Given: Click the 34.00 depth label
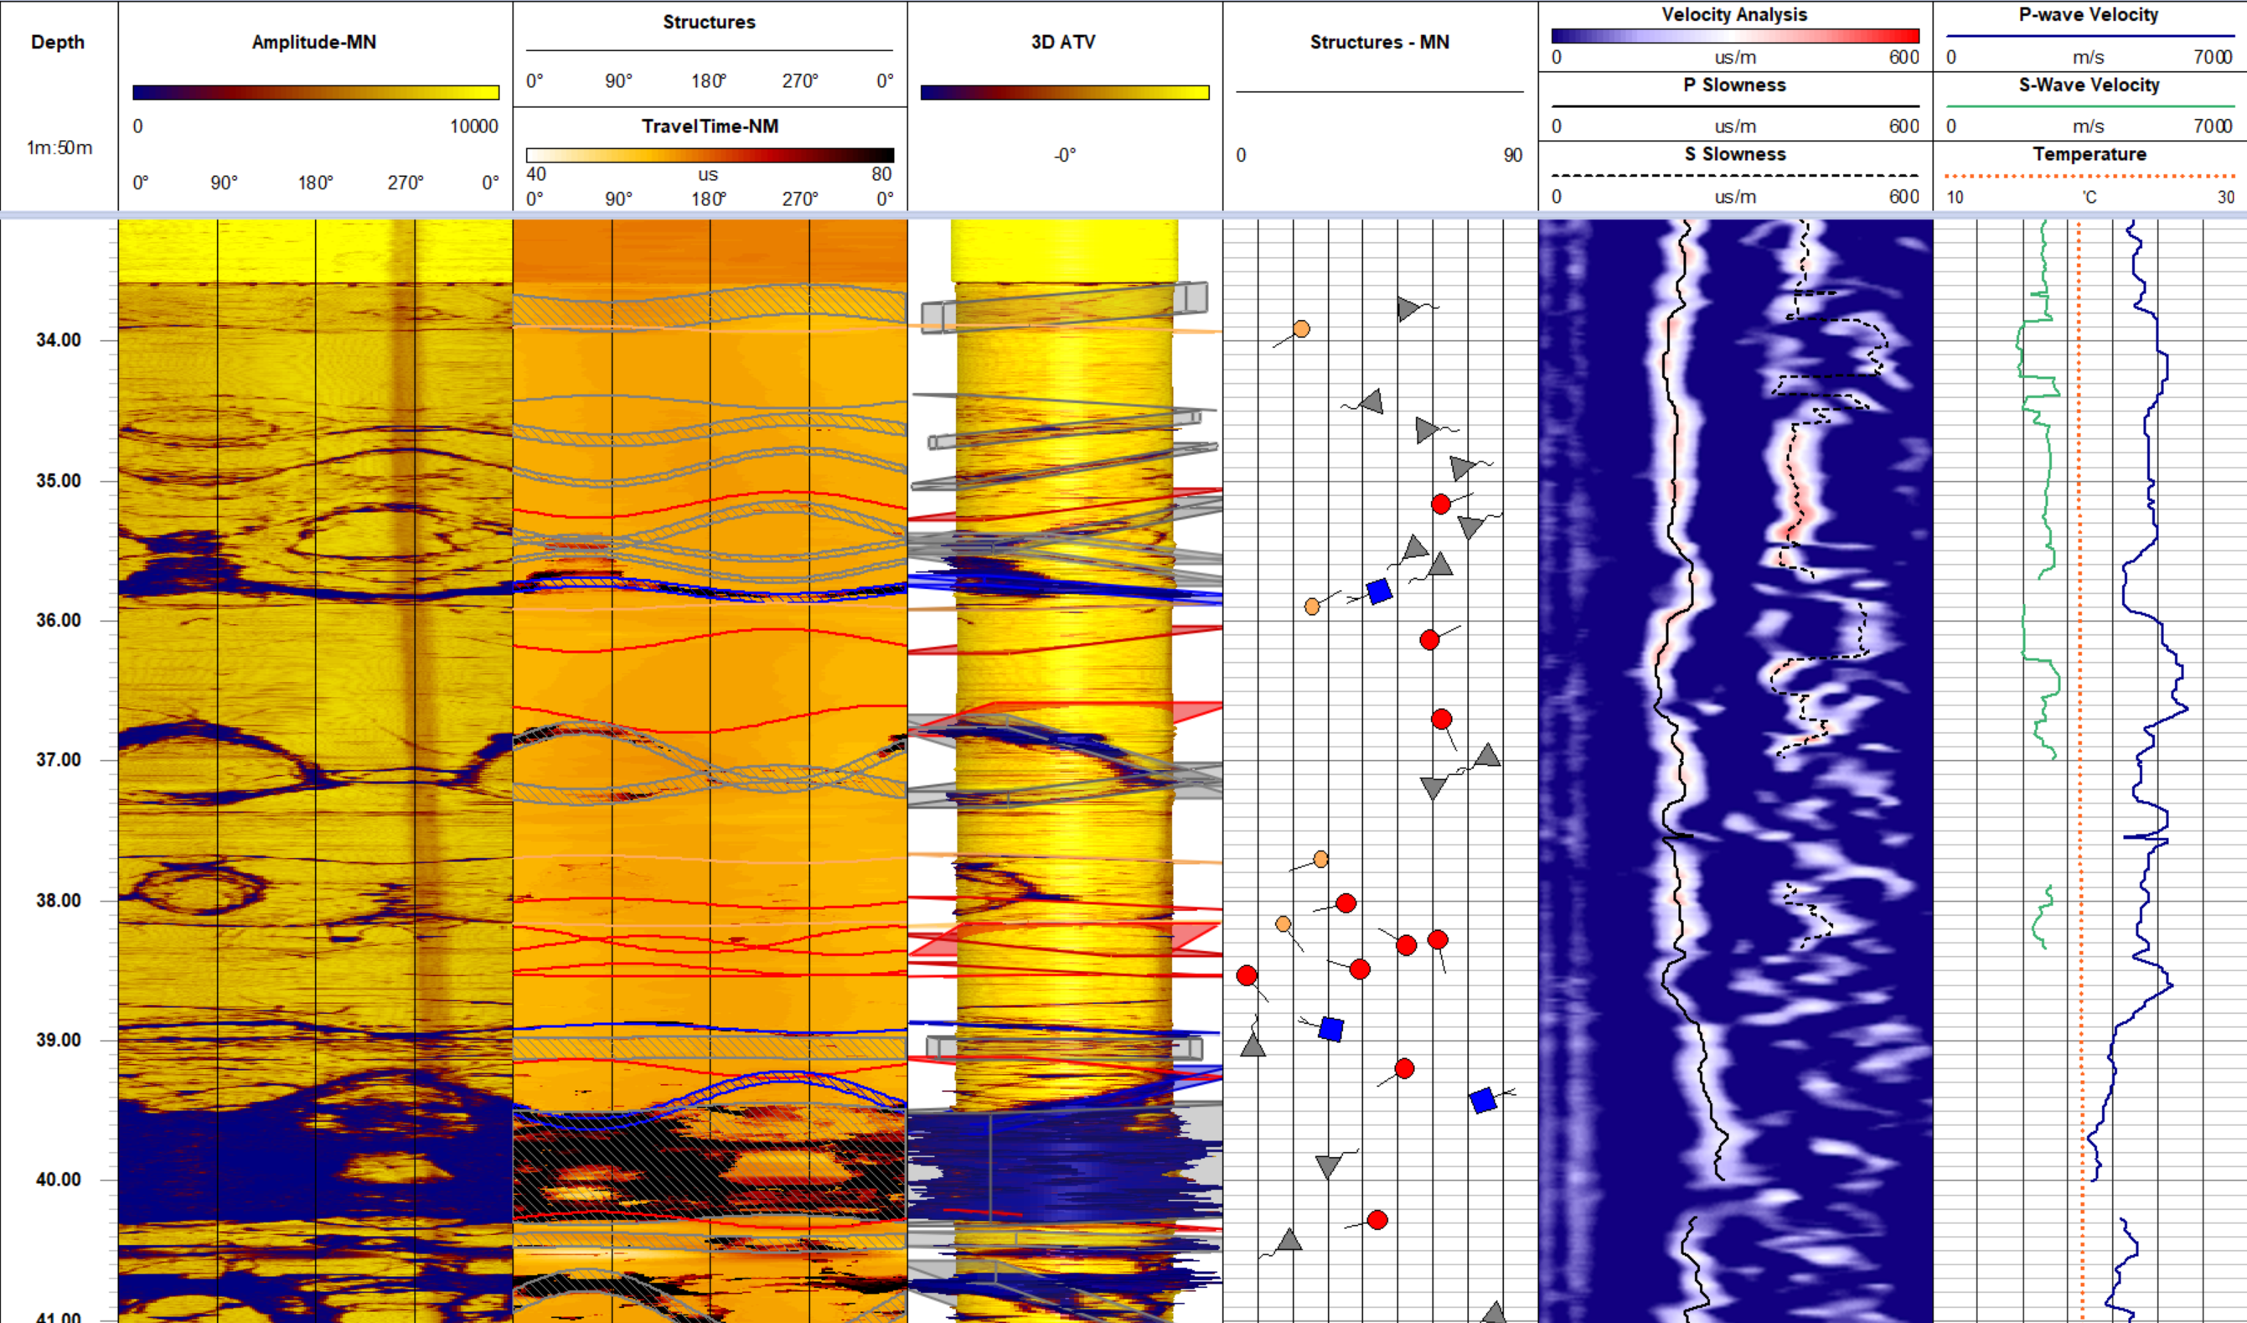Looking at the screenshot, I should pos(58,339).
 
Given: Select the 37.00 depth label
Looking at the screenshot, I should pos(58,760).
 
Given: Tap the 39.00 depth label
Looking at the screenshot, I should pos(58,1040).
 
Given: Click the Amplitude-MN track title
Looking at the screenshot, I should pos(314,42).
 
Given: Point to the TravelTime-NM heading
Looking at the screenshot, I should pos(710,126).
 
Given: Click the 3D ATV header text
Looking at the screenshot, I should pos(1063,42).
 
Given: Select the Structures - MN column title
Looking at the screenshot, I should pos(1379,42).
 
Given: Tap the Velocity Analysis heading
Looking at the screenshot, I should pos(1734,14).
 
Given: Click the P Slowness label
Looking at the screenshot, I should pos(1734,85).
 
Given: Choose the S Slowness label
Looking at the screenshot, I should pos(1734,154).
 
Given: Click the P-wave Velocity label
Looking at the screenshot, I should pos(2089,14).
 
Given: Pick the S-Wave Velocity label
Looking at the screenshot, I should pos(2089,85).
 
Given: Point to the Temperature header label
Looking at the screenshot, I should pos(2089,154).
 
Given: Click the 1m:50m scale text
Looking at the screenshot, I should pos(59,148).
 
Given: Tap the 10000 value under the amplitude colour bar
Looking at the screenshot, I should pos(473,126).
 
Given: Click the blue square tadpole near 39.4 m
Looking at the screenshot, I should pos(1482,1100).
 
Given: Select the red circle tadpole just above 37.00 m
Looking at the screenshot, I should pos(1442,719).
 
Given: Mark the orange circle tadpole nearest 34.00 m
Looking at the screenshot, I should pos(1301,329).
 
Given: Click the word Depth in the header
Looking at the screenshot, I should pos(58,42).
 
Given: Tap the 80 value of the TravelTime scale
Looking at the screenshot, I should pos(881,173).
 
